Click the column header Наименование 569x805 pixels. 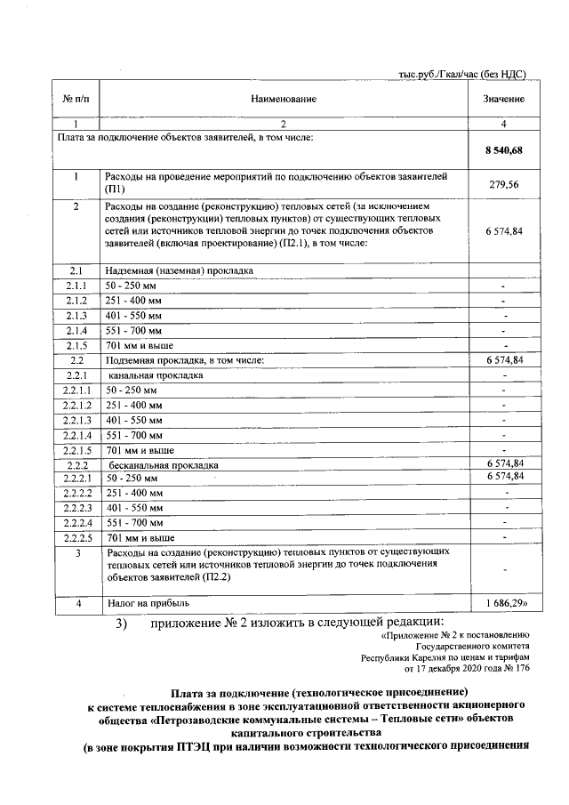click(283, 98)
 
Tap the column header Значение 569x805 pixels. click(503, 98)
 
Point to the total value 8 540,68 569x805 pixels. click(503, 152)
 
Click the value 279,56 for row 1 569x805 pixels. click(503, 183)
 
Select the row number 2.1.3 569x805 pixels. click(76, 315)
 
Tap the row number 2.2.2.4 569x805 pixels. click(76, 522)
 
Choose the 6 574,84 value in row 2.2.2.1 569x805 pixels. click(504, 478)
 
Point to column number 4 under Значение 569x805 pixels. click(503, 124)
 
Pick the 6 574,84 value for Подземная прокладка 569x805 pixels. click(504, 359)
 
